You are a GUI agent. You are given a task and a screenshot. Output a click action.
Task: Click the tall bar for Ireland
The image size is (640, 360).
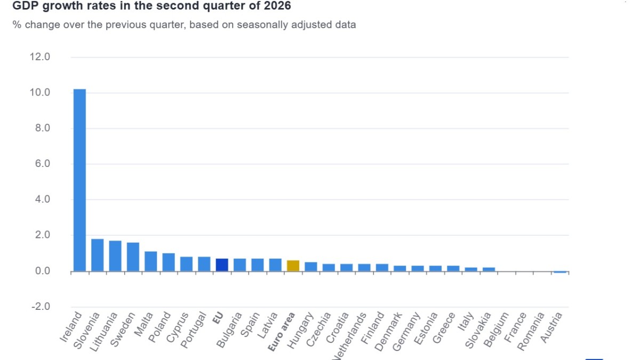pos(79,180)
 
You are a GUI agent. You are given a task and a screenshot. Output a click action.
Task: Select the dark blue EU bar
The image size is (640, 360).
pos(222,265)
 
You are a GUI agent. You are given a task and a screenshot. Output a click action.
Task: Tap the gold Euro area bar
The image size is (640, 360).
pos(293,266)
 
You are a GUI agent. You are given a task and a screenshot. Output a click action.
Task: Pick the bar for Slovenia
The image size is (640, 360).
pos(98,255)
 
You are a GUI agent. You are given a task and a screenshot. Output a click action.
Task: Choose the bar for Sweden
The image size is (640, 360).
pos(133,257)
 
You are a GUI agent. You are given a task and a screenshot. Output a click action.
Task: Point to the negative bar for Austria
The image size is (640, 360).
pos(560,272)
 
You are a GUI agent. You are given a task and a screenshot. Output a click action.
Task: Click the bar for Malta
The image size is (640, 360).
pos(151,261)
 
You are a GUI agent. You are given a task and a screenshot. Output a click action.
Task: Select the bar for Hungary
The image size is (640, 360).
pos(311,267)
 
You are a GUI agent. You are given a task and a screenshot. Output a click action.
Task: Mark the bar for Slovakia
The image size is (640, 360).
pos(489,269)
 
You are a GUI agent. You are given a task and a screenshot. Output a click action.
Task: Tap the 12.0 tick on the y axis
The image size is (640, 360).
pos(40,57)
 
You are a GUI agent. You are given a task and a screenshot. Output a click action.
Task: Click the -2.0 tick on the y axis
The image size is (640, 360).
pos(41,307)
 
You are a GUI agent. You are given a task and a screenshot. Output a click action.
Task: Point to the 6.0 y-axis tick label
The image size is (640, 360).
pos(43,164)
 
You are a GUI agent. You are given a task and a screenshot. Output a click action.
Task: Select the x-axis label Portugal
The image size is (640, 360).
pos(194,330)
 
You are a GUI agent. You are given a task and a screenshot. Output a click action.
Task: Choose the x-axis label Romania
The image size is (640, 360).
pos(531,331)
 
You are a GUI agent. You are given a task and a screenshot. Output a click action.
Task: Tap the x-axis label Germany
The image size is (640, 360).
pos(406,331)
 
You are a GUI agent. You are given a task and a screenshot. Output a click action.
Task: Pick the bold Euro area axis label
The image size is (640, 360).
pos(281,332)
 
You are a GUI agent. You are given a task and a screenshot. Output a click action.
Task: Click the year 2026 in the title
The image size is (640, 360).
pos(277,5)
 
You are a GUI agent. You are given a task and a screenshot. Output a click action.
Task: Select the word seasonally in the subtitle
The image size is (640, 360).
pos(265,25)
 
